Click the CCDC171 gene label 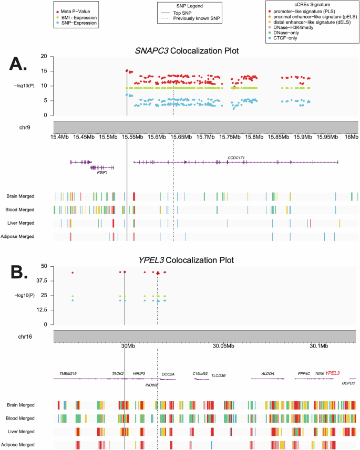[x=236, y=157]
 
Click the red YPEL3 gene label [x=332, y=373]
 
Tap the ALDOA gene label [x=268, y=374]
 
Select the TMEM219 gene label [x=68, y=374]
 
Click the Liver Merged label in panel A [x=20, y=223]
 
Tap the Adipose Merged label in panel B [x=20, y=445]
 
